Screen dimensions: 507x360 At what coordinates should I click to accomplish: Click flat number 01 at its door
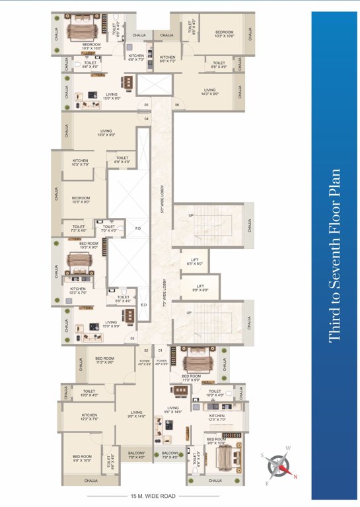tap(161, 350)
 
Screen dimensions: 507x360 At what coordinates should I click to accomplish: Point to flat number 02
tap(146, 350)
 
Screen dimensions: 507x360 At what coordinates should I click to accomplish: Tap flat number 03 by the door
tap(132, 338)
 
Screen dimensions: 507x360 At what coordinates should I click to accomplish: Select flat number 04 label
tap(147, 119)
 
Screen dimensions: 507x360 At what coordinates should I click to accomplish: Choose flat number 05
tap(146, 105)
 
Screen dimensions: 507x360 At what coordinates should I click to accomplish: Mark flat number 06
tap(177, 105)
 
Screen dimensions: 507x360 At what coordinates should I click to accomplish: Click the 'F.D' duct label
tap(139, 229)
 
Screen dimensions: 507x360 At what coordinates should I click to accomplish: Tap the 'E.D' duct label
tap(143, 305)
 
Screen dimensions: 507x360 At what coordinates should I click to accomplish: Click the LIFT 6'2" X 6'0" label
tap(195, 261)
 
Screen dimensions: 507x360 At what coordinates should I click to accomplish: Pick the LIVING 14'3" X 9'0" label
tap(209, 92)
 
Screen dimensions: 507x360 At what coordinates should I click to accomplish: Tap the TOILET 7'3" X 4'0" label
tap(79, 228)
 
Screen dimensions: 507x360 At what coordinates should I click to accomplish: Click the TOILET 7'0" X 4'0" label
tap(109, 228)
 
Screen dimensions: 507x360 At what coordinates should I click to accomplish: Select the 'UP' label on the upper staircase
tap(192, 216)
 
